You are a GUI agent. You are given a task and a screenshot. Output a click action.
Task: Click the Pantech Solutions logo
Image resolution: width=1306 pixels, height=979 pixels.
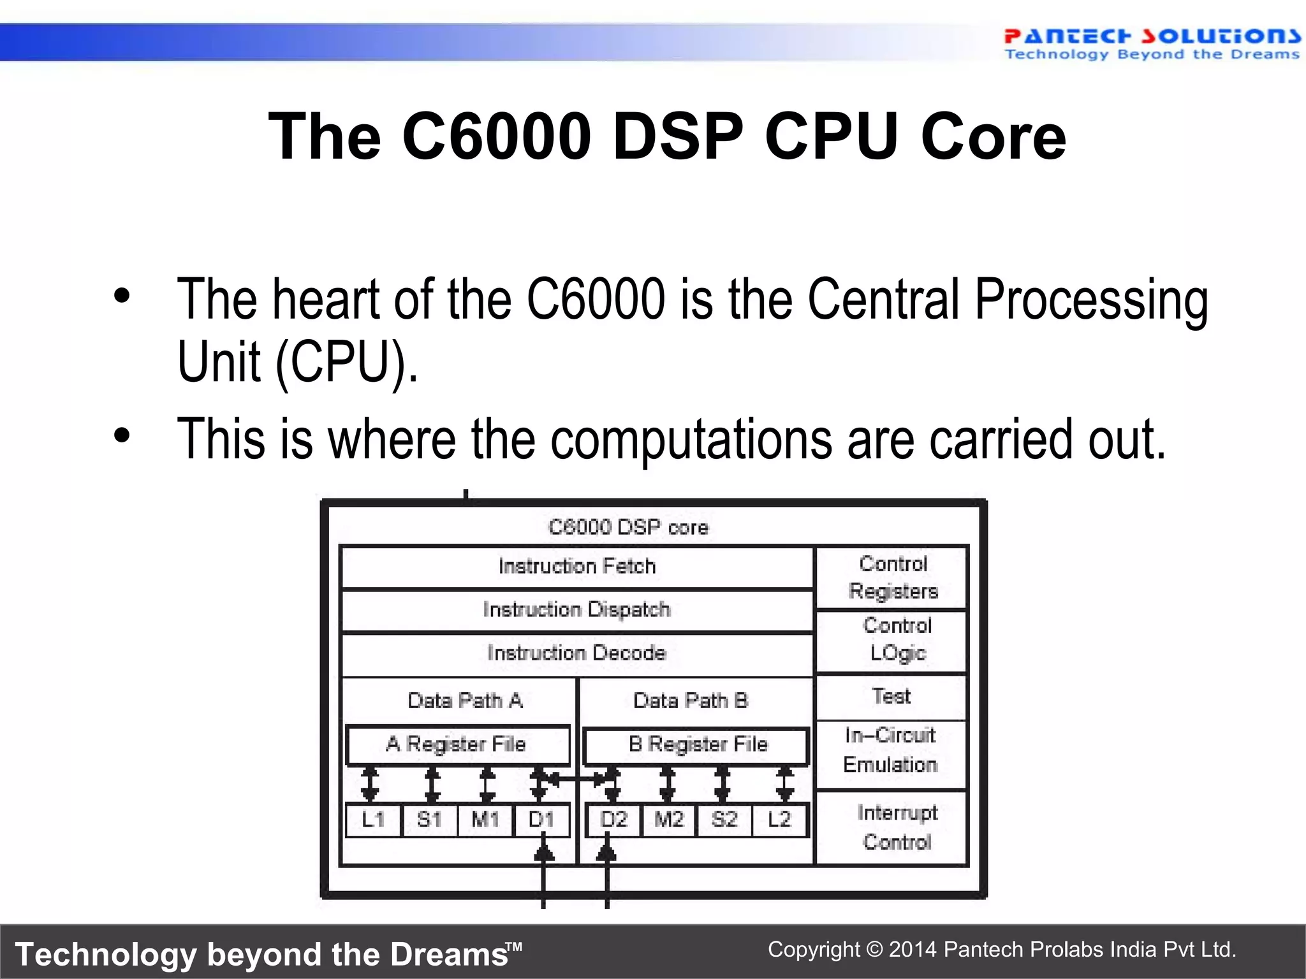pyautogui.click(x=1151, y=43)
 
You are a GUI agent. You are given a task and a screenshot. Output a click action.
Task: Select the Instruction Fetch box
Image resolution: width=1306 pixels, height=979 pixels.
pyautogui.click(x=577, y=567)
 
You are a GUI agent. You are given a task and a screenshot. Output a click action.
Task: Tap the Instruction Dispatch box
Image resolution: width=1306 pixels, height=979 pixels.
pyautogui.click(x=577, y=610)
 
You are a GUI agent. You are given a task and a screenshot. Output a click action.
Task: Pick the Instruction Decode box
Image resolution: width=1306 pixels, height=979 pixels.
pyautogui.click(x=577, y=653)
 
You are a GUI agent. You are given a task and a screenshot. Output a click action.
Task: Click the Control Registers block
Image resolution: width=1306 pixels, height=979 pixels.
pyautogui.click(x=893, y=577)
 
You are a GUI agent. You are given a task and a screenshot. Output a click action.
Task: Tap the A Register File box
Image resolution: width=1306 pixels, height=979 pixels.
pyautogui.click(x=457, y=744)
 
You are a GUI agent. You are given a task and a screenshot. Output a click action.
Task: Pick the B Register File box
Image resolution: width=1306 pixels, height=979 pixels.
pyautogui.click(x=697, y=744)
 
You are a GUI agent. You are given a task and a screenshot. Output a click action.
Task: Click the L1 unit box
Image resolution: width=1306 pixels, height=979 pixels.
pyautogui.click(x=374, y=820)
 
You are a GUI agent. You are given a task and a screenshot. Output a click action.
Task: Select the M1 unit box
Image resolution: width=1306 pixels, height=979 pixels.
pyautogui.click(x=485, y=820)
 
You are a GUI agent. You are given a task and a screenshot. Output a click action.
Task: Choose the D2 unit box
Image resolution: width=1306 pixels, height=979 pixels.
pyautogui.click(x=613, y=820)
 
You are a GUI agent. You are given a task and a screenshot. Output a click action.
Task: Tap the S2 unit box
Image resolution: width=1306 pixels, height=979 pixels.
pyautogui.click(x=724, y=820)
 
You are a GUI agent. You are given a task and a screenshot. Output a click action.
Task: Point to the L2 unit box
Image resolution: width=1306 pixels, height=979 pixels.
pyautogui.click(x=779, y=820)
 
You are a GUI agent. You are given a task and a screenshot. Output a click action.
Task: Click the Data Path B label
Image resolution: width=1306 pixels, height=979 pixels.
pyautogui.click(x=691, y=701)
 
